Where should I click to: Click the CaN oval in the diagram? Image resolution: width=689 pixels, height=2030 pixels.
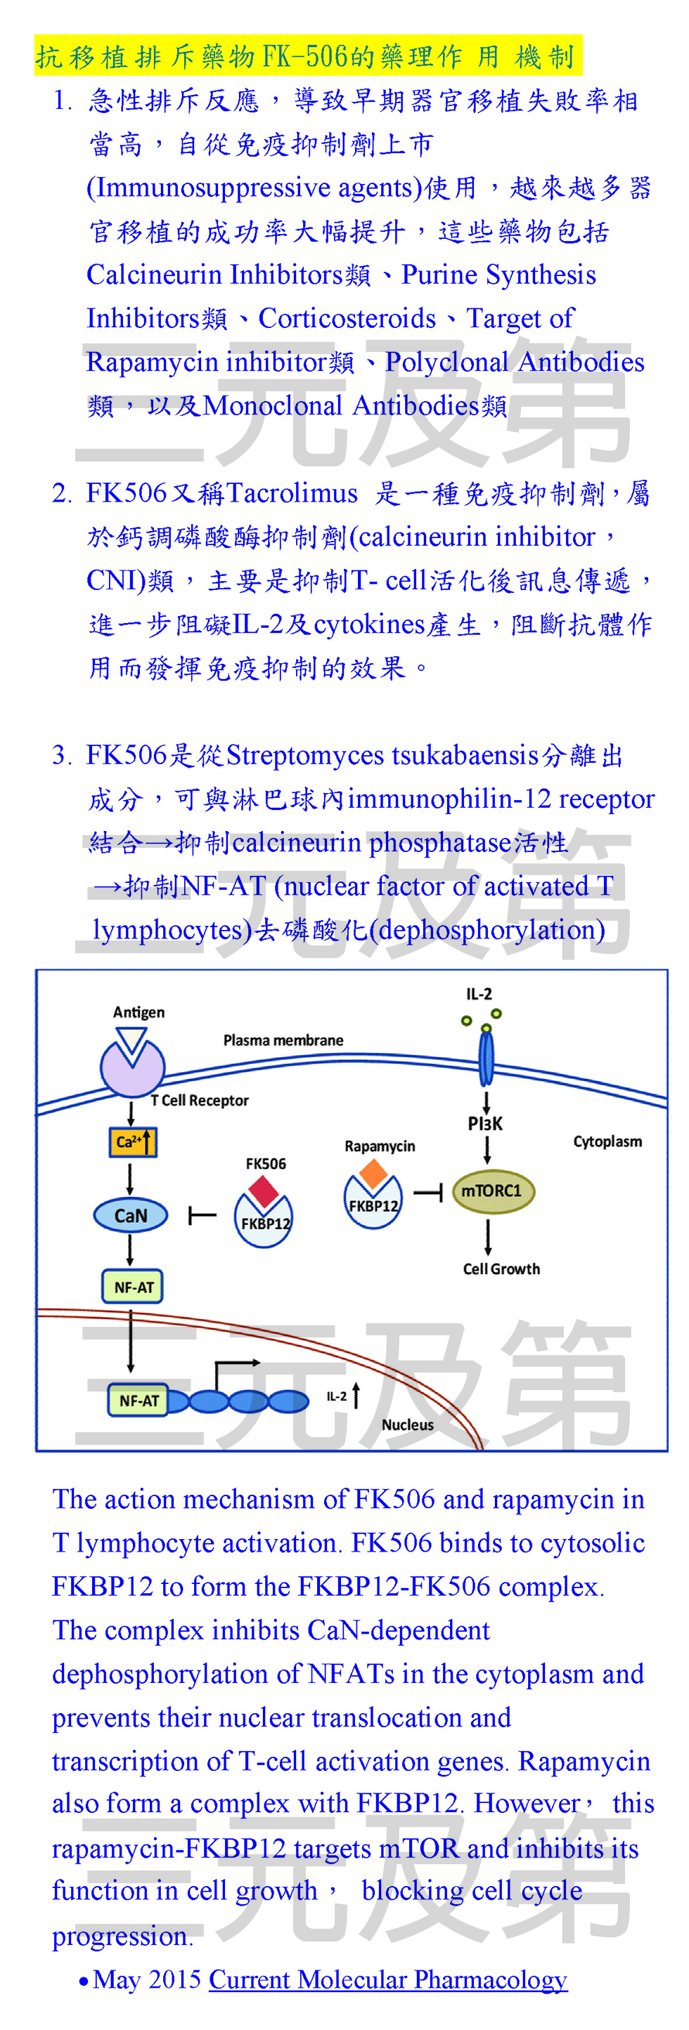[130, 1214]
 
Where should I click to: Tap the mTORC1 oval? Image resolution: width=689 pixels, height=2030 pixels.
[492, 1190]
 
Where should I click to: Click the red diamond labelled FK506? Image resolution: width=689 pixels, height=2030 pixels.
[264, 1190]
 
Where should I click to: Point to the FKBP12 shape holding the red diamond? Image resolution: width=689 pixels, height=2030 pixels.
[264, 1223]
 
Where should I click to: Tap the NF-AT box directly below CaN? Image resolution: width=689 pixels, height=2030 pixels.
[132, 1286]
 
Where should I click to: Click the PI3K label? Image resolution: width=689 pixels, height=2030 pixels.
[485, 1123]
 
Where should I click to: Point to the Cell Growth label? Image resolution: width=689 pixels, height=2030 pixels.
[501, 1268]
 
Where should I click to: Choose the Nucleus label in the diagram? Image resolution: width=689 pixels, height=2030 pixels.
[408, 1424]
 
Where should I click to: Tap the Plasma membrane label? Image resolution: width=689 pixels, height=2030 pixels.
[283, 1040]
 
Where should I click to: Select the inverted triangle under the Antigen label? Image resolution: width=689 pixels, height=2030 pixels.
[131, 1040]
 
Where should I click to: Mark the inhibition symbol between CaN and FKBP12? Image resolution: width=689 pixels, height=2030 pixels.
[201, 1216]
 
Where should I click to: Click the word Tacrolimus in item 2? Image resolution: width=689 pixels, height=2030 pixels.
[292, 492]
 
